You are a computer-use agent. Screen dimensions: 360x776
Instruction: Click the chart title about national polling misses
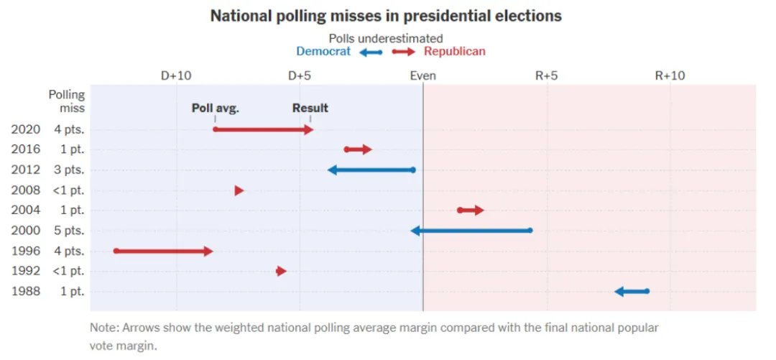click(386, 15)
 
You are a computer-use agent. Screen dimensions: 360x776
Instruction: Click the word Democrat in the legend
click(323, 52)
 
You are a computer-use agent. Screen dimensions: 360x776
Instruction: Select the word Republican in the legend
click(454, 52)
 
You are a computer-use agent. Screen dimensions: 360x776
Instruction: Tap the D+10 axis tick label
click(175, 75)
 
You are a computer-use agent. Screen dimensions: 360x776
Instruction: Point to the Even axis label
click(422, 75)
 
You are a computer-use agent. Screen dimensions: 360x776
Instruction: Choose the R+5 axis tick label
click(547, 75)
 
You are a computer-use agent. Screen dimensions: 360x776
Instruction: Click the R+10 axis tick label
click(670, 75)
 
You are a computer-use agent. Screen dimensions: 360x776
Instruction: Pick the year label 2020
click(26, 130)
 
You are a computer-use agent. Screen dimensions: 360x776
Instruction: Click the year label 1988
click(26, 292)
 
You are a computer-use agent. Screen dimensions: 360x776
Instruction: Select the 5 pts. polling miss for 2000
click(68, 231)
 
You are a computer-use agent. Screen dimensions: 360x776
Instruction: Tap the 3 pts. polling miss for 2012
click(68, 170)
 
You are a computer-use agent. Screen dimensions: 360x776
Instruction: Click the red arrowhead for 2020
click(308, 130)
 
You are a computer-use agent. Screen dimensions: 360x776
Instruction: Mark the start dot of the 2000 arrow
click(530, 231)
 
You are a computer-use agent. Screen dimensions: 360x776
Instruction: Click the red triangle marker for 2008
click(239, 190)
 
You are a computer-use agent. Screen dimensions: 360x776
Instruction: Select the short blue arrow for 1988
click(632, 291)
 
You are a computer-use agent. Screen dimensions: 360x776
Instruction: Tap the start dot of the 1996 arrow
click(116, 251)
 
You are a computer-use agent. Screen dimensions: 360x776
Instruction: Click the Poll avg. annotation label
click(215, 109)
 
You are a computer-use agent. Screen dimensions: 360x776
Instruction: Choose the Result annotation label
click(310, 109)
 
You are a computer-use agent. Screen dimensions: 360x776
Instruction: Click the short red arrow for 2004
click(471, 211)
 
